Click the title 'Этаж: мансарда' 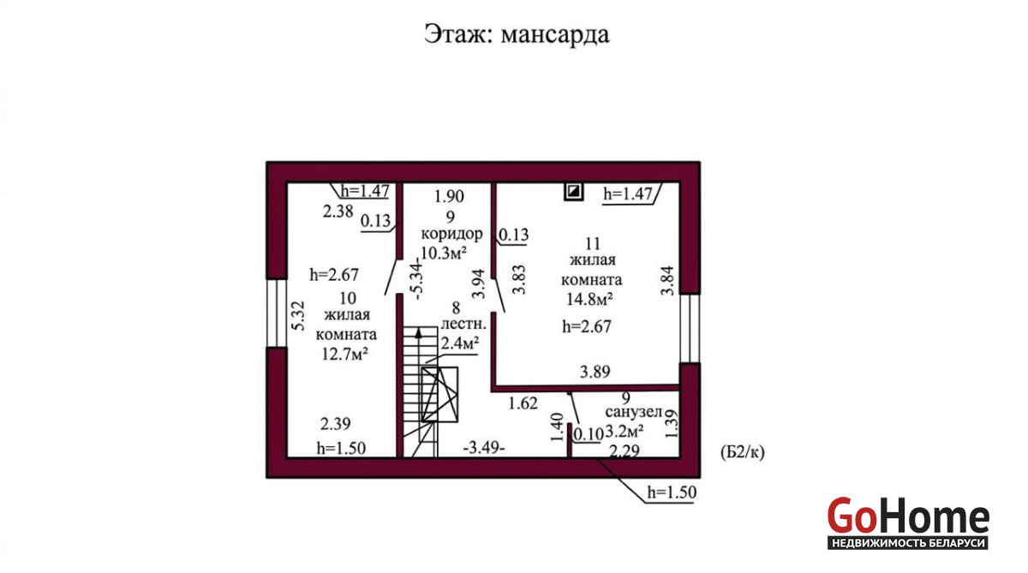pyautogui.click(x=517, y=34)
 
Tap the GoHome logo pyautogui.click(x=908, y=522)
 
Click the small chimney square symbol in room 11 pyautogui.click(x=574, y=191)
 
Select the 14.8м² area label pyautogui.click(x=589, y=299)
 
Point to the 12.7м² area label pyautogui.click(x=345, y=355)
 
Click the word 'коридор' pyautogui.click(x=452, y=234)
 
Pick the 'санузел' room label pyautogui.click(x=634, y=412)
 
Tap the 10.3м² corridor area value pyautogui.click(x=444, y=253)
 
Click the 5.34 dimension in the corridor pyautogui.click(x=418, y=279)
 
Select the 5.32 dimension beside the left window pyautogui.click(x=298, y=316)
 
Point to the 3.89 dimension pyautogui.click(x=595, y=372)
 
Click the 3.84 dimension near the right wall pyautogui.click(x=667, y=281)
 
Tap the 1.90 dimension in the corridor pyautogui.click(x=449, y=196)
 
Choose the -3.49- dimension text pyautogui.click(x=484, y=447)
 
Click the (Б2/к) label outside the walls pyautogui.click(x=743, y=452)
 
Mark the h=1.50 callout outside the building pyautogui.click(x=672, y=492)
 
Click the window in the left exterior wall pyautogui.click(x=277, y=313)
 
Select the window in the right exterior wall pyautogui.click(x=690, y=329)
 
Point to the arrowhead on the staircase pyautogui.click(x=418, y=333)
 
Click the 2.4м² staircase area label pyautogui.click(x=460, y=343)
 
